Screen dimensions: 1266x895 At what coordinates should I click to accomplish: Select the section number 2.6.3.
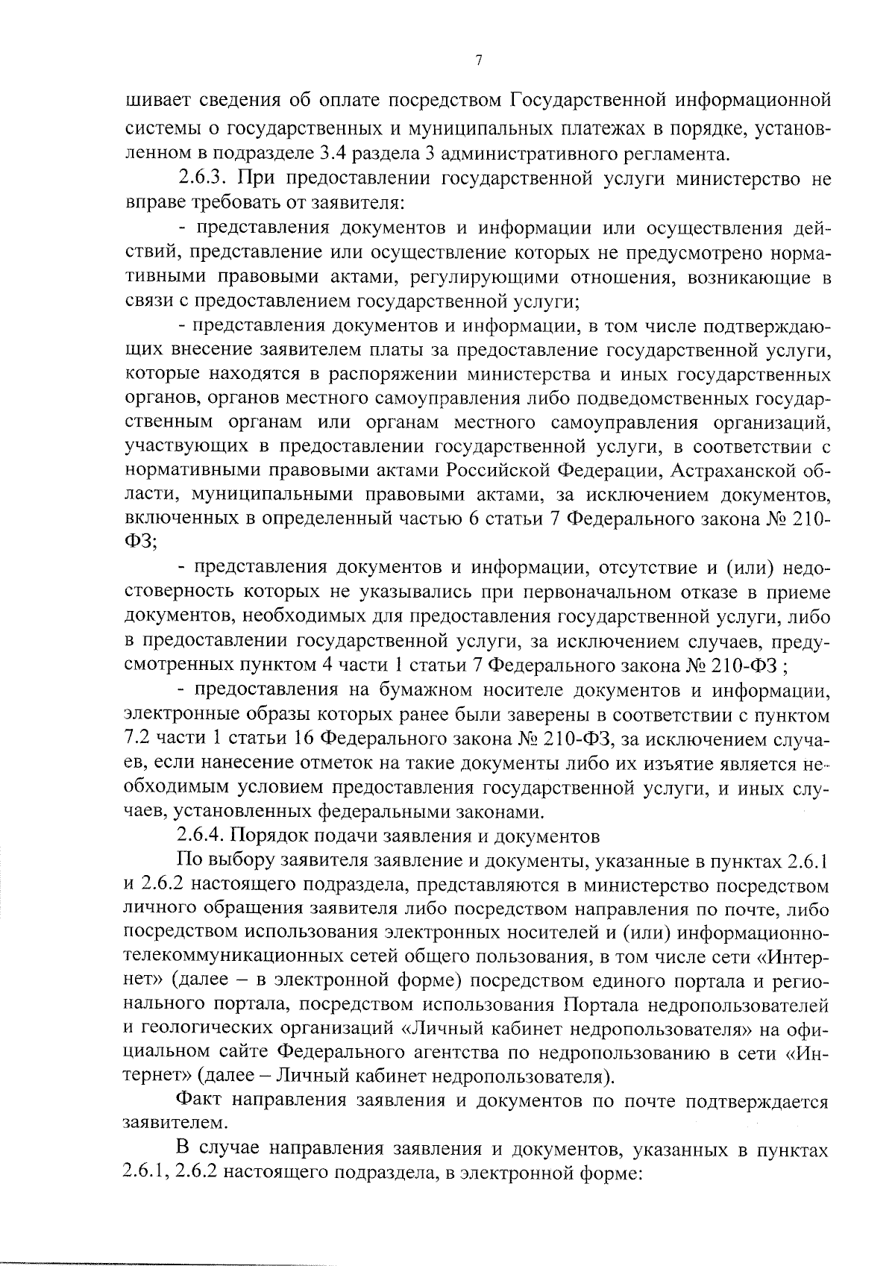tap(204, 179)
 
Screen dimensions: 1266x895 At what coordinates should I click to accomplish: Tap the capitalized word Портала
tap(600, 1005)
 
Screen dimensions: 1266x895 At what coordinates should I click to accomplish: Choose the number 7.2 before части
tap(136, 740)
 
